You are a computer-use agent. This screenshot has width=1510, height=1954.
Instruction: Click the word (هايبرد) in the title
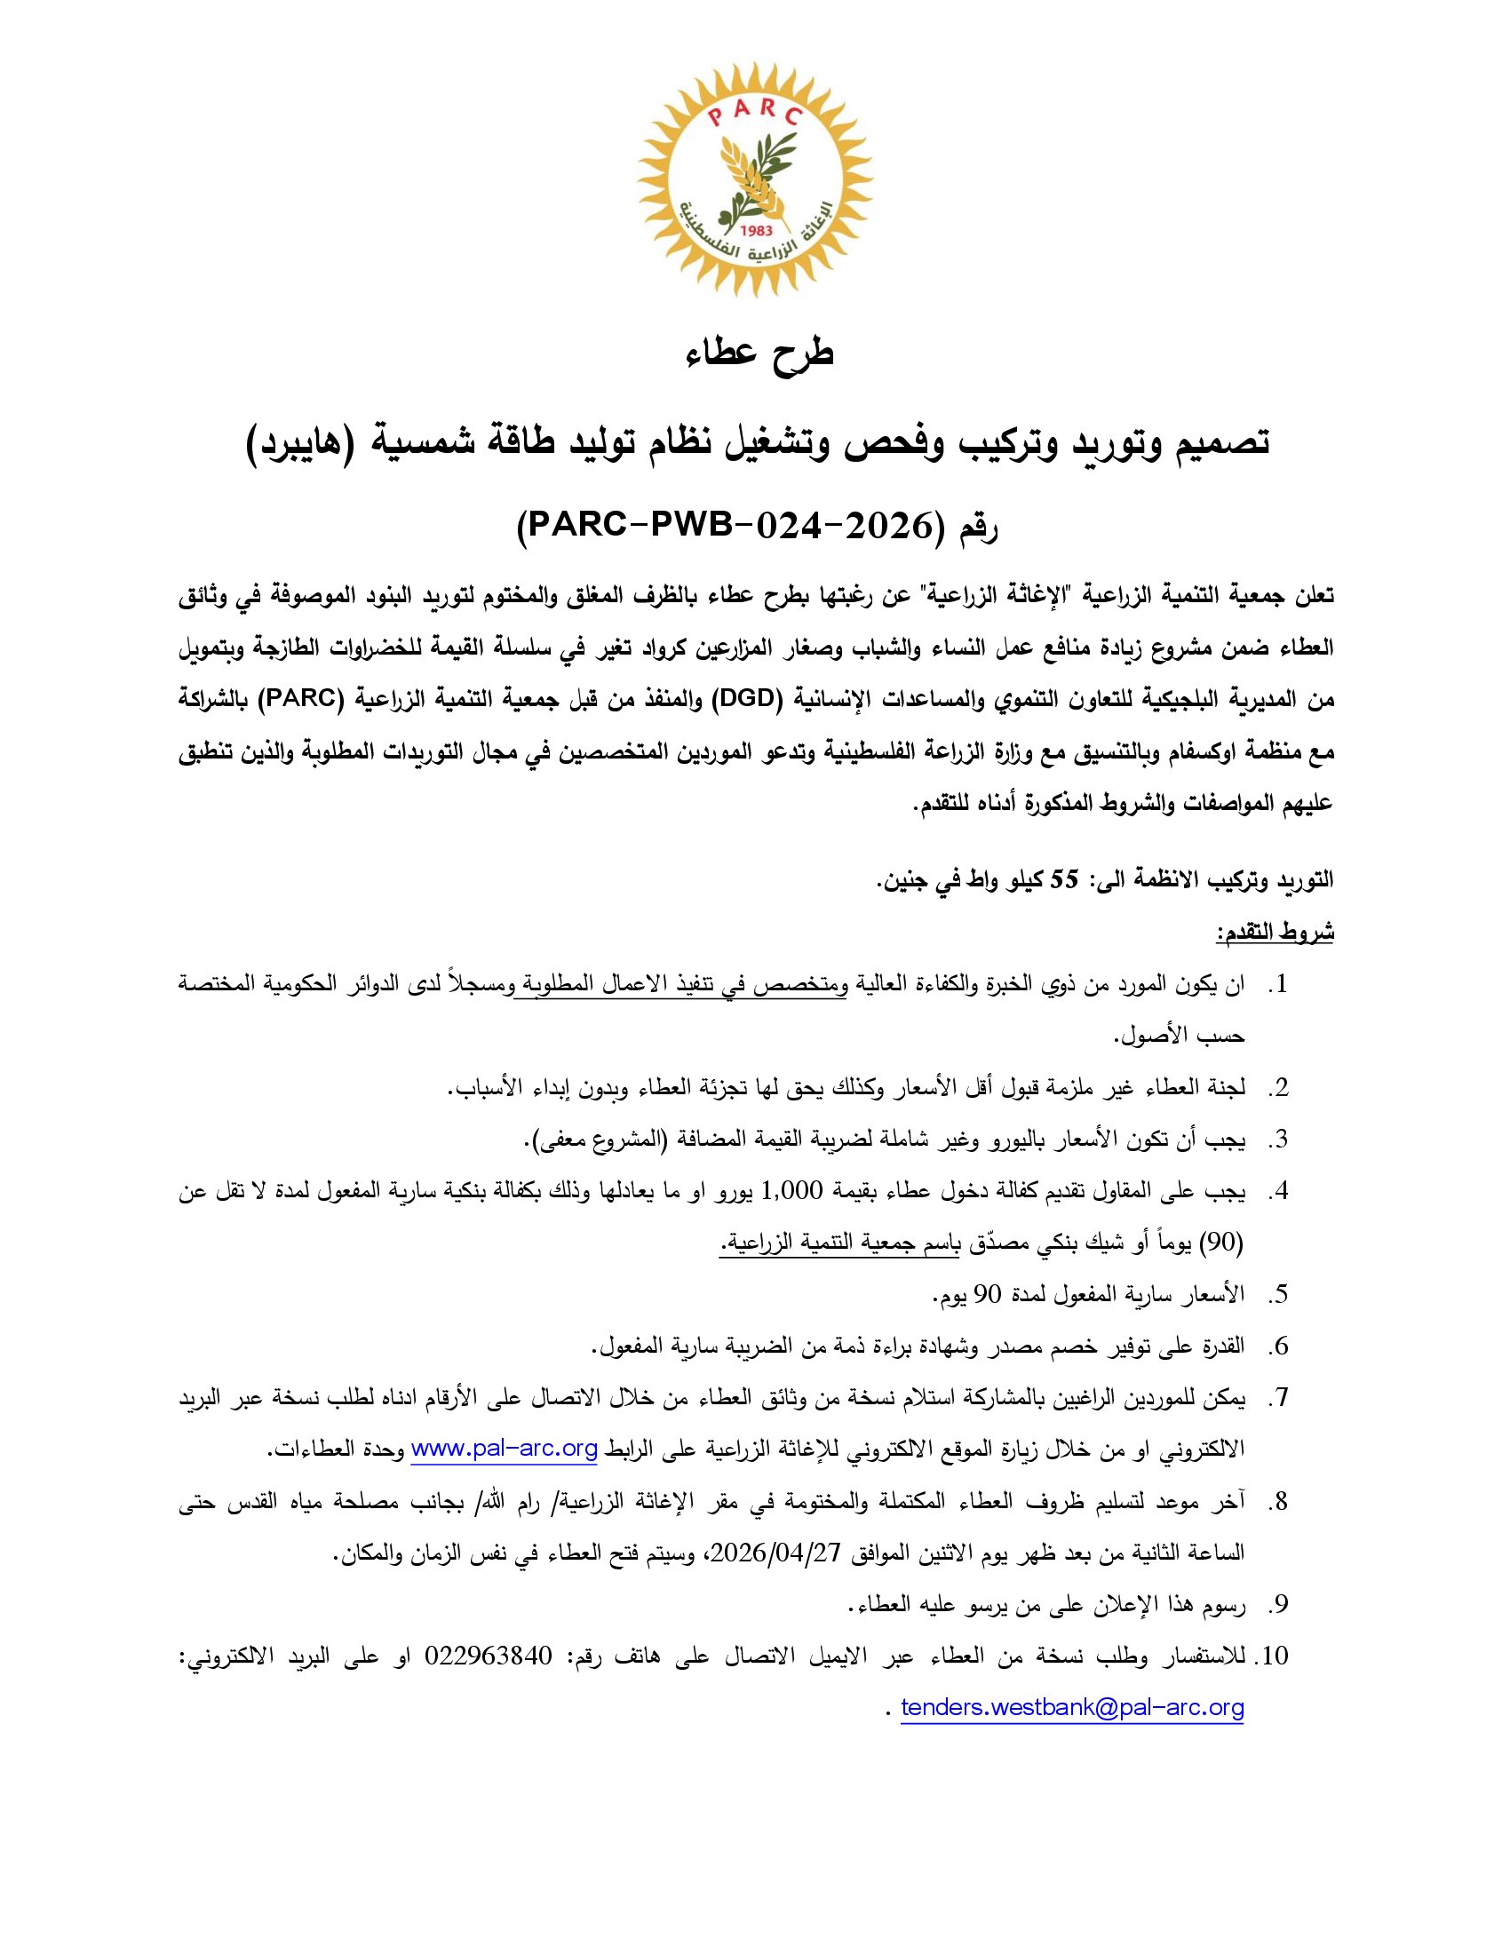pyautogui.click(x=310, y=442)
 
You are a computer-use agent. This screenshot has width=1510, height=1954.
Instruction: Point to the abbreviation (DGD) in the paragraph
pyautogui.click(x=741, y=701)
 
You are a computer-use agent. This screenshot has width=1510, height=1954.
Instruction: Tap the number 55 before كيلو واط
pyautogui.click(x=1064, y=879)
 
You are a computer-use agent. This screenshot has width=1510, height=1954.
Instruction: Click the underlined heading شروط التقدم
pyautogui.click(x=1275, y=933)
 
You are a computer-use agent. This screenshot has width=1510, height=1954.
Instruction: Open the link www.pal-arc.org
pyautogui.click(x=504, y=1450)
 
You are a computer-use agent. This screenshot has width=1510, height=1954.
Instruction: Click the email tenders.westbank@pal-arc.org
pyautogui.click(x=1072, y=1708)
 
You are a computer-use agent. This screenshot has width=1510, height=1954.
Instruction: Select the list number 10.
pyautogui.click(x=1273, y=1656)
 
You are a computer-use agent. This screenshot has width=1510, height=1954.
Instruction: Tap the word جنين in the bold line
pyautogui.click(x=902, y=880)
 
